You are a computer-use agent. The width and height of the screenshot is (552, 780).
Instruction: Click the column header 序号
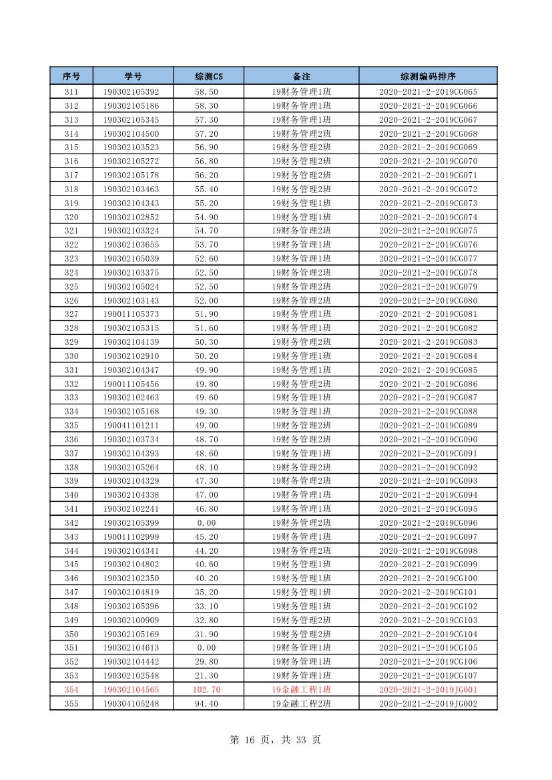[71, 76]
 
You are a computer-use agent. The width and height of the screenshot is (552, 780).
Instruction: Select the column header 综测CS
[208, 76]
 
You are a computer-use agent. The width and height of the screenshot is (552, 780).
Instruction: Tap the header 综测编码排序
[428, 76]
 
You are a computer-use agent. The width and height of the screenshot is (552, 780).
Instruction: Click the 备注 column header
[302, 76]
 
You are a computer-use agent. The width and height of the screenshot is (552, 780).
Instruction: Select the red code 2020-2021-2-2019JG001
[428, 690]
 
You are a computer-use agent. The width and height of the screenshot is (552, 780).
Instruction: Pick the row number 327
[71, 314]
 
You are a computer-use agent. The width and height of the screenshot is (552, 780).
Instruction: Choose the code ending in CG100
[428, 578]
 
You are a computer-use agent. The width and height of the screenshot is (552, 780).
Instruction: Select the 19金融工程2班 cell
[302, 704]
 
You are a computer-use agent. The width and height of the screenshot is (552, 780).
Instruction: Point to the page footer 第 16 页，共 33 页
[275, 740]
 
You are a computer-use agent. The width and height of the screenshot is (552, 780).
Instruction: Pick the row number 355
[71, 704]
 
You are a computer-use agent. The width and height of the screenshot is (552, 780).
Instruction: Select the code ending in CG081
[428, 314]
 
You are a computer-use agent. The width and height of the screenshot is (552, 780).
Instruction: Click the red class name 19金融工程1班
[302, 690]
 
